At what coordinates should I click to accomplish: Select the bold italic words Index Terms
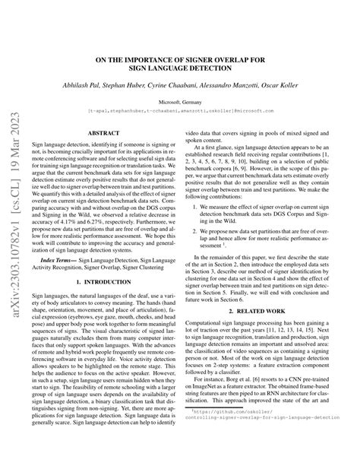click(70, 237)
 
